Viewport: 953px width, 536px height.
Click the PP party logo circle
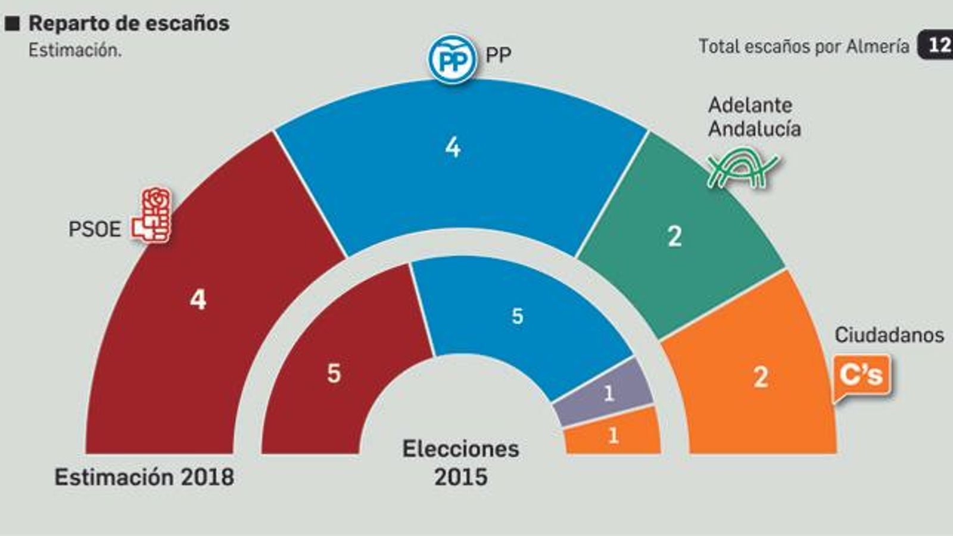click(453, 60)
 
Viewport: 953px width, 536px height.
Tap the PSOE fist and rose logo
click(152, 215)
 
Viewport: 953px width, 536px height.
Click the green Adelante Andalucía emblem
click(742, 170)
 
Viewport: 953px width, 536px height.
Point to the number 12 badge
click(937, 45)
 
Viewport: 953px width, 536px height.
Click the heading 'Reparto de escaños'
click(129, 23)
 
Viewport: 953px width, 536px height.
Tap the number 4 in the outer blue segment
click(453, 147)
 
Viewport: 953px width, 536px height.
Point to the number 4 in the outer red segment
click(198, 299)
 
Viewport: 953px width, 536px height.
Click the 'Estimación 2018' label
click(144, 477)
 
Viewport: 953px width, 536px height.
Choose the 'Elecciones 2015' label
click(460, 463)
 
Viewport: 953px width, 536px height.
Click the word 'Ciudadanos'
click(889, 335)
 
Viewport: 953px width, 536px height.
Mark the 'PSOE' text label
click(94, 229)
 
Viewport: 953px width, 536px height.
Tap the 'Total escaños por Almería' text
click(803, 46)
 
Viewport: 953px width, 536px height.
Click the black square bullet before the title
click(13, 24)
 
